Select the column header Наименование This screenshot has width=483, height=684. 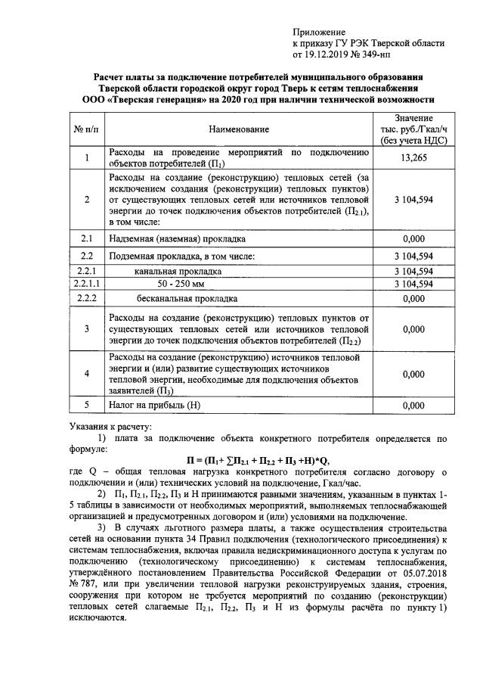pyautogui.click(x=240, y=129)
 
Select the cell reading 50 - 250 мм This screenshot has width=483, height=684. pyautogui.click(x=181, y=284)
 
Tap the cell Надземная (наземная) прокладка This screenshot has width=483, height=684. pyautogui.click(x=178, y=238)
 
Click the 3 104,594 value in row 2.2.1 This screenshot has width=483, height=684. pyautogui.click(x=413, y=270)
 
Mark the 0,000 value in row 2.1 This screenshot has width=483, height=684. pyautogui.click(x=413, y=238)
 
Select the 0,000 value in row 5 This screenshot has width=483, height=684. pyautogui.click(x=413, y=405)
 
